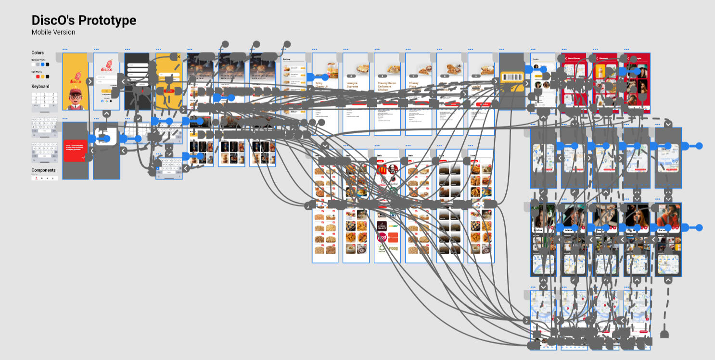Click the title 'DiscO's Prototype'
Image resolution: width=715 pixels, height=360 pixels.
(x=84, y=20)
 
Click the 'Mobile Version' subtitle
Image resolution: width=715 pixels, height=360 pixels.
(x=53, y=32)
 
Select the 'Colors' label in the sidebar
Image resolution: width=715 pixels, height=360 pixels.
(x=38, y=52)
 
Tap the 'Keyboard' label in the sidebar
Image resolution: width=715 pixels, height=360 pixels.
(x=40, y=87)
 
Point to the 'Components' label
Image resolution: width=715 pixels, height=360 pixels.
(x=43, y=170)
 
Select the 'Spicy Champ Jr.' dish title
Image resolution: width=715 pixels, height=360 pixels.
(x=322, y=86)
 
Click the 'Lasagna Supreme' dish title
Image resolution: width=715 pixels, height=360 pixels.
(x=353, y=85)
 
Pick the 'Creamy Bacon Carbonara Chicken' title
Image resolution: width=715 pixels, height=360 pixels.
(x=386, y=86)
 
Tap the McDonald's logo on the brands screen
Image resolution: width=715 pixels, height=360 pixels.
(x=381, y=169)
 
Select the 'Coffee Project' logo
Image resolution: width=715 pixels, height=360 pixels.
(x=381, y=225)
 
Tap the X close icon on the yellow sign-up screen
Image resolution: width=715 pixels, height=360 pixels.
(x=179, y=57)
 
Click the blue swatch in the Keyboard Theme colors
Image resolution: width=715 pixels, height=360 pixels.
(x=43, y=64)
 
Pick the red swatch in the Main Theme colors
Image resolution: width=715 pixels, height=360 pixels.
(x=38, y=77)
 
